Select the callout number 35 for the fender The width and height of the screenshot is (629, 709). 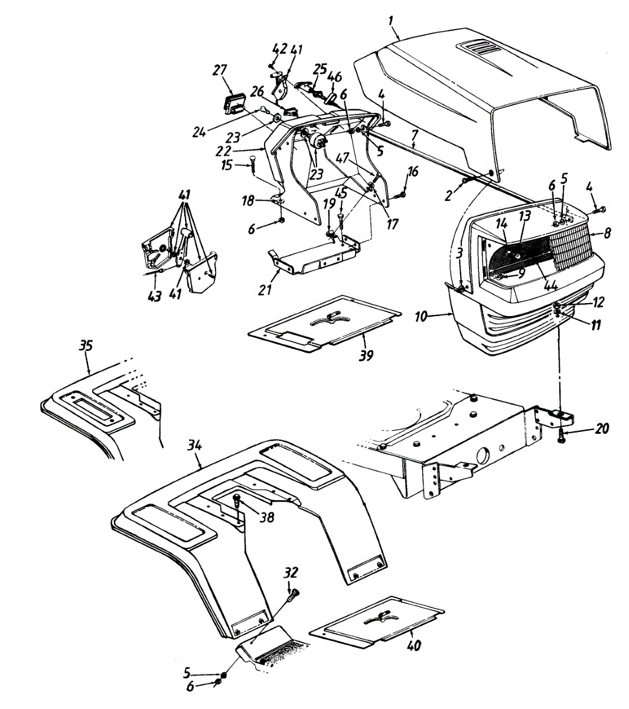86,346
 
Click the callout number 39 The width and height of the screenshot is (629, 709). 366,356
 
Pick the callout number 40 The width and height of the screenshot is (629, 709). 414,645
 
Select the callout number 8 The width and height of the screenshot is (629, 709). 607,234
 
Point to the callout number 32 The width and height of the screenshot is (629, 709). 291,573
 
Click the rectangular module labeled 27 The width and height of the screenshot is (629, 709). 236,102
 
